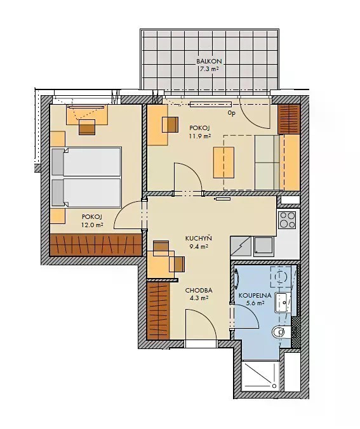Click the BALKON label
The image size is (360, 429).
pyautogui.click(x=209, y=62)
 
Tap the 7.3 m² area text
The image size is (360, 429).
pyautogui.click(x=209, y=69)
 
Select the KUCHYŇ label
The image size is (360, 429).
pyautogui.click(x=199, y=239)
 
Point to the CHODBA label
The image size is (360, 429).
pyautogui.click(x=199, y=291)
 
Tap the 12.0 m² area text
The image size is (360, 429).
pyautogui.click(x=92, y=225)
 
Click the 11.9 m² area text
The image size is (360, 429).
pyautogui.click(x=199, y=136)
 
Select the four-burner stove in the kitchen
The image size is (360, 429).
pyautogui.click(x=287, y=220)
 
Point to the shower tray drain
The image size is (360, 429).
pyautogui.click(x=274, y=386)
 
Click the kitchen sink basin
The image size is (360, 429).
pyautogui.click(x=263, y=246)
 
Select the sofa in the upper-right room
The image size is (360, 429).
pyautogui.click(x=267, y=162)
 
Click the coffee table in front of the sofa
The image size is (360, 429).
pyautogui.click(x=224, y=162)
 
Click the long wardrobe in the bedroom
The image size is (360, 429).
pyautogui.click(x=96, y=245)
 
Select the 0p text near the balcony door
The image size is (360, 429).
pyautogui.click(x=232, y=113)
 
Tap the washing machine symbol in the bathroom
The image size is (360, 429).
pyautogui.click(x=281, y=277)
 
